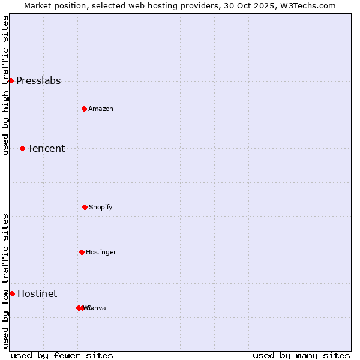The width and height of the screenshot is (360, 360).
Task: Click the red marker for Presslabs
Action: pos(11,80)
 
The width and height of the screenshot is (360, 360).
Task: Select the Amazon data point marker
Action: pos(84,109)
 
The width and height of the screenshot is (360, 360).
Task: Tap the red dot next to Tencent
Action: pos(22,148)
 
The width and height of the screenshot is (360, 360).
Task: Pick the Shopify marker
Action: pos(85,207)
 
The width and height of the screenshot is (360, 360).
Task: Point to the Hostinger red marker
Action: pos(82,252)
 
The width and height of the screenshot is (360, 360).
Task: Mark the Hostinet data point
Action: pos(12,293)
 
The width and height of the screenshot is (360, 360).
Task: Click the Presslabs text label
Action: pos(38,81)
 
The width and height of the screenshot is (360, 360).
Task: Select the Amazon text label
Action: pos(101,109)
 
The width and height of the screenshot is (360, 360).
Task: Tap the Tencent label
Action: pos(46,148)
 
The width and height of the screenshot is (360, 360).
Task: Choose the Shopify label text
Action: pos(101,207)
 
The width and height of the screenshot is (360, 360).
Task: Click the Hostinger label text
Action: pos(101,252)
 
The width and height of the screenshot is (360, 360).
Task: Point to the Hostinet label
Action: pos(37,293)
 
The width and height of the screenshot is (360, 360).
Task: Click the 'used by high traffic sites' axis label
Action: pos(5,85)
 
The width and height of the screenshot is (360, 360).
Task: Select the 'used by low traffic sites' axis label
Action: pos(5,281)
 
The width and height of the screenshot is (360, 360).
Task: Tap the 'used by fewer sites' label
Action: pos(62,355)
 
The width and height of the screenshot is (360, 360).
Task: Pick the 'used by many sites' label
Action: pos(301,355)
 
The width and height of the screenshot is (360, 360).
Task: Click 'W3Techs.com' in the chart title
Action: pos(310,5)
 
